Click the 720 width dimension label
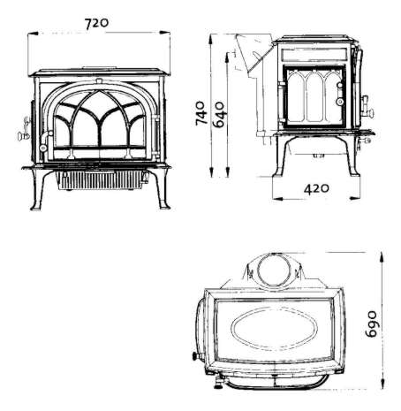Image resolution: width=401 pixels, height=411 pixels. point(96,23)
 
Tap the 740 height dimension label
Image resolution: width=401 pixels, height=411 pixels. point(200,113)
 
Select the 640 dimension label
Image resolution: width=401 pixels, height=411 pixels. point(219,115)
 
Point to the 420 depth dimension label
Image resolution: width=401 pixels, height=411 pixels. point(316,188)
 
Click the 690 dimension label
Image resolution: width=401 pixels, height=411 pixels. point(371,324)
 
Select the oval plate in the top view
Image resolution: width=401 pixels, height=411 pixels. point(274,329)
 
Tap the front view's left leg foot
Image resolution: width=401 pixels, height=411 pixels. point(35,208)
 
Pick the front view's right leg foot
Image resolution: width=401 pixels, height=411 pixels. point(164,207)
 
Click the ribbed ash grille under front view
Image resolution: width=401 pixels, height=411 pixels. point(100,179)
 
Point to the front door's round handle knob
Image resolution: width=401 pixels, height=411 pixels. point(43,148)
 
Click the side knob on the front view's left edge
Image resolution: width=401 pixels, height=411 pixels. point(22,136)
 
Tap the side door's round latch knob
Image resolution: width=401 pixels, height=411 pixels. point(340,102)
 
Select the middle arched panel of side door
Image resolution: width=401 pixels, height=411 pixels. point(314,96)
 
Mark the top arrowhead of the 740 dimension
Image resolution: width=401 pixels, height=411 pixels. point(210,40)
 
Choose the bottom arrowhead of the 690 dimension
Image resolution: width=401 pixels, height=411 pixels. point(382,384)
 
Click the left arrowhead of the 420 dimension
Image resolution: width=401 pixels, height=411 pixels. point(278,199)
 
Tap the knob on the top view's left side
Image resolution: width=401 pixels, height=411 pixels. point(195,356)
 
